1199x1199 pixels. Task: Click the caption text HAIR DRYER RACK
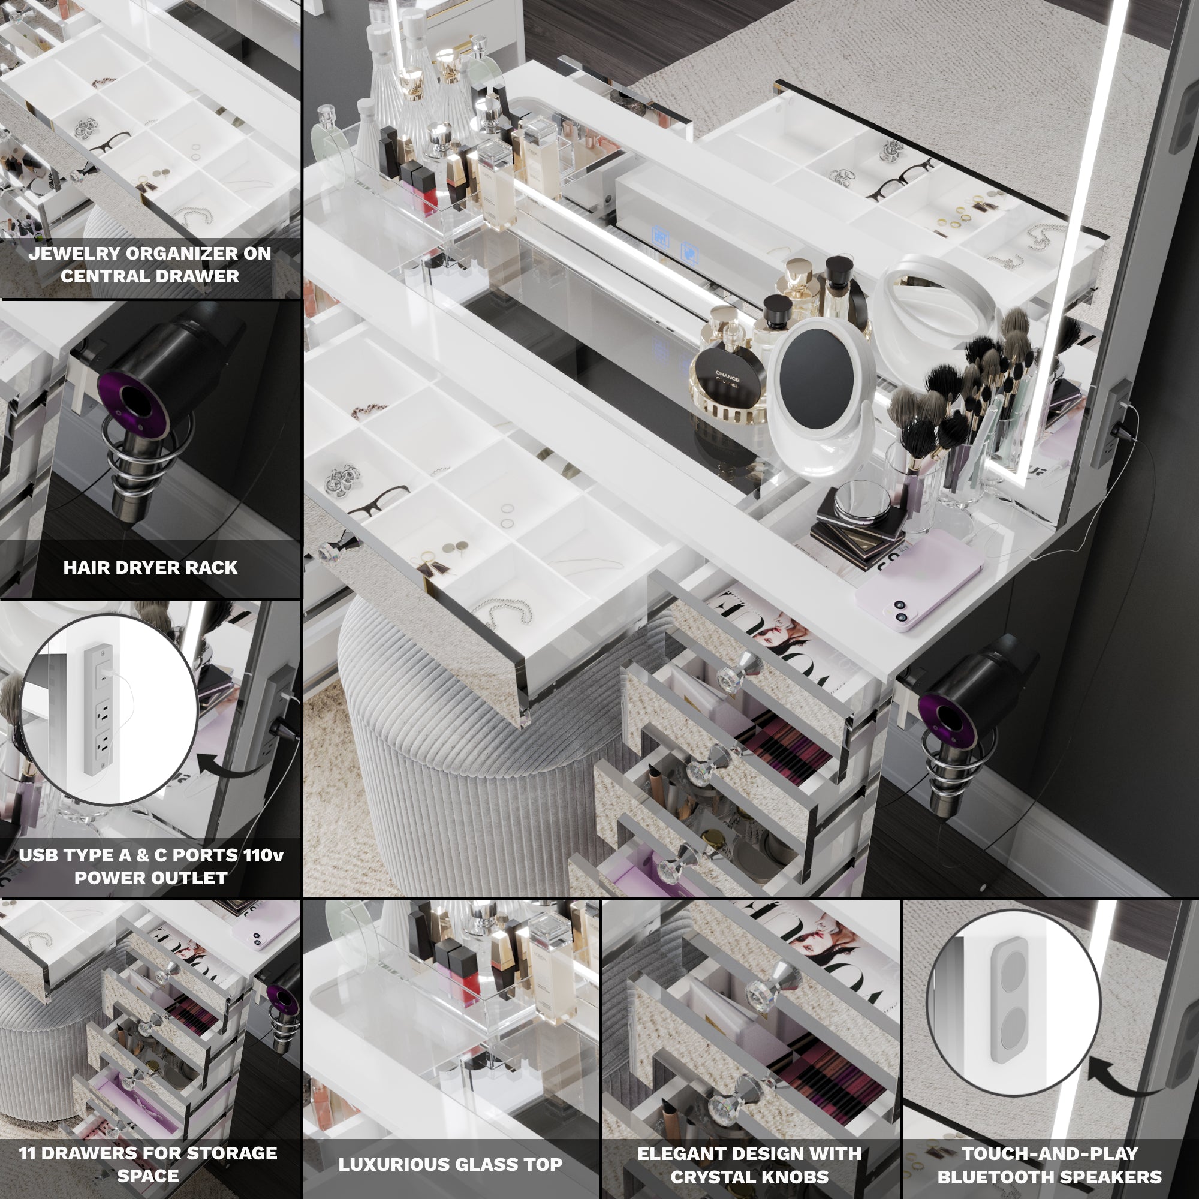click(150, 567)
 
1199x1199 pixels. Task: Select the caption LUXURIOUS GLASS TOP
click(451, 1165)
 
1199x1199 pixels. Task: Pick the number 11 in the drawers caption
click(28, 1153)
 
